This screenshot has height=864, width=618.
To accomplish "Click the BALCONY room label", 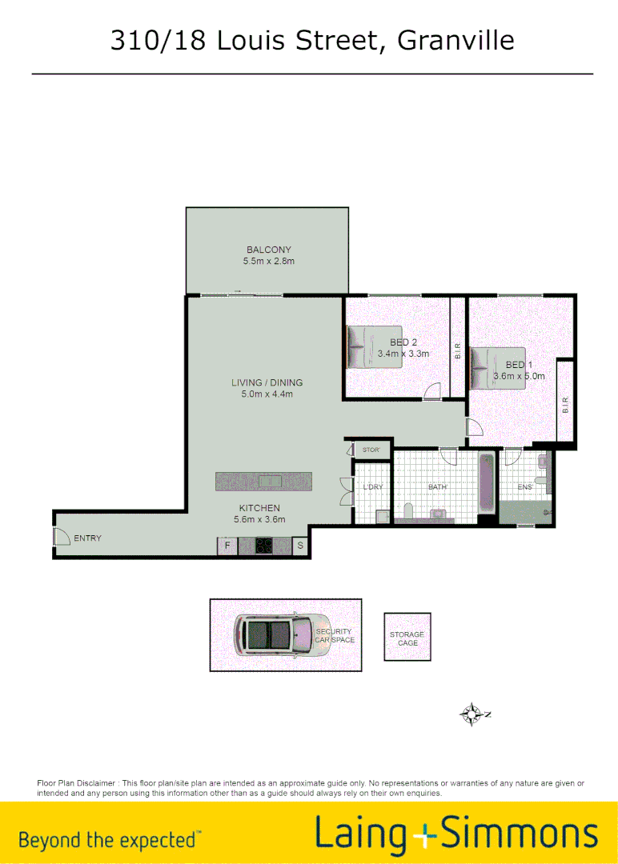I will [x=268, y=250].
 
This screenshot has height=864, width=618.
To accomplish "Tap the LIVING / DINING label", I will [x=267, y=382].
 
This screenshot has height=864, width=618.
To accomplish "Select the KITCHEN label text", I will [x=259, y=508].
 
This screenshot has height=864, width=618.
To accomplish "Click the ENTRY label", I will [x=87, y=538].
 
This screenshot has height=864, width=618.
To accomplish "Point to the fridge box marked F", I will [x=227, y=546].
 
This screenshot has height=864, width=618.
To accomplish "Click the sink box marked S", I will [x=300, y=546].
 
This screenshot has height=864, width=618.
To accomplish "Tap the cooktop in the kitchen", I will [x=263, y=546].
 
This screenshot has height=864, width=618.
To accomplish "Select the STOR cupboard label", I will [x=371, y=450].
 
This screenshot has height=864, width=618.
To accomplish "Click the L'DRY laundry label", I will [x=372, y=486].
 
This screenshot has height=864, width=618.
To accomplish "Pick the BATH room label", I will [x=437, y=486].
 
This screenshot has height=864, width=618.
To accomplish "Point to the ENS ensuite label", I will [x=525, y=486].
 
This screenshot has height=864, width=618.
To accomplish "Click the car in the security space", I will [x=280, y=635].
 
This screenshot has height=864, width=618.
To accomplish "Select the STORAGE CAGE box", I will [x=407, y=638].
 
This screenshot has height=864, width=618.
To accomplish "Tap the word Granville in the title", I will [x=455, y=40].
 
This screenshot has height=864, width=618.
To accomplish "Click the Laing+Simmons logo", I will [x=455, y=834].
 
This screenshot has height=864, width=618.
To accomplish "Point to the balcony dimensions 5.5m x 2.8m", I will [x=268, y=262].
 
